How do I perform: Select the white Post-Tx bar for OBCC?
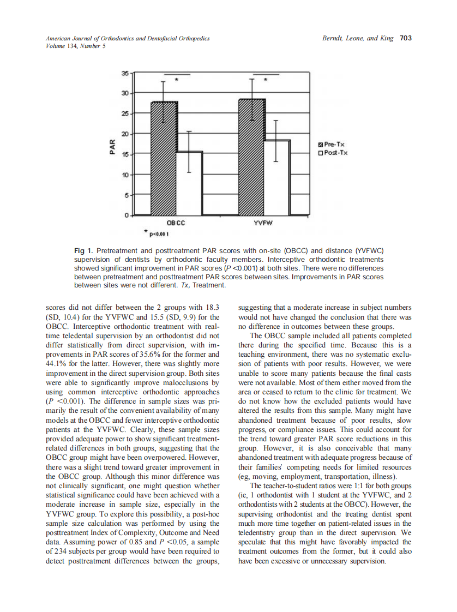(189, 183)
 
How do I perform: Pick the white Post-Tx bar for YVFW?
(277, 178)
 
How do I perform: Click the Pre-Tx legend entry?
(332, 144)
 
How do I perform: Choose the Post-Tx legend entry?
(333, 152)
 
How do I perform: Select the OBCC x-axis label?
(176, 224)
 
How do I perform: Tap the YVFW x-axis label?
(264, 224)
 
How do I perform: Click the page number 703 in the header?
(405, 38)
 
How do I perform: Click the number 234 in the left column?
(61, 552)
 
